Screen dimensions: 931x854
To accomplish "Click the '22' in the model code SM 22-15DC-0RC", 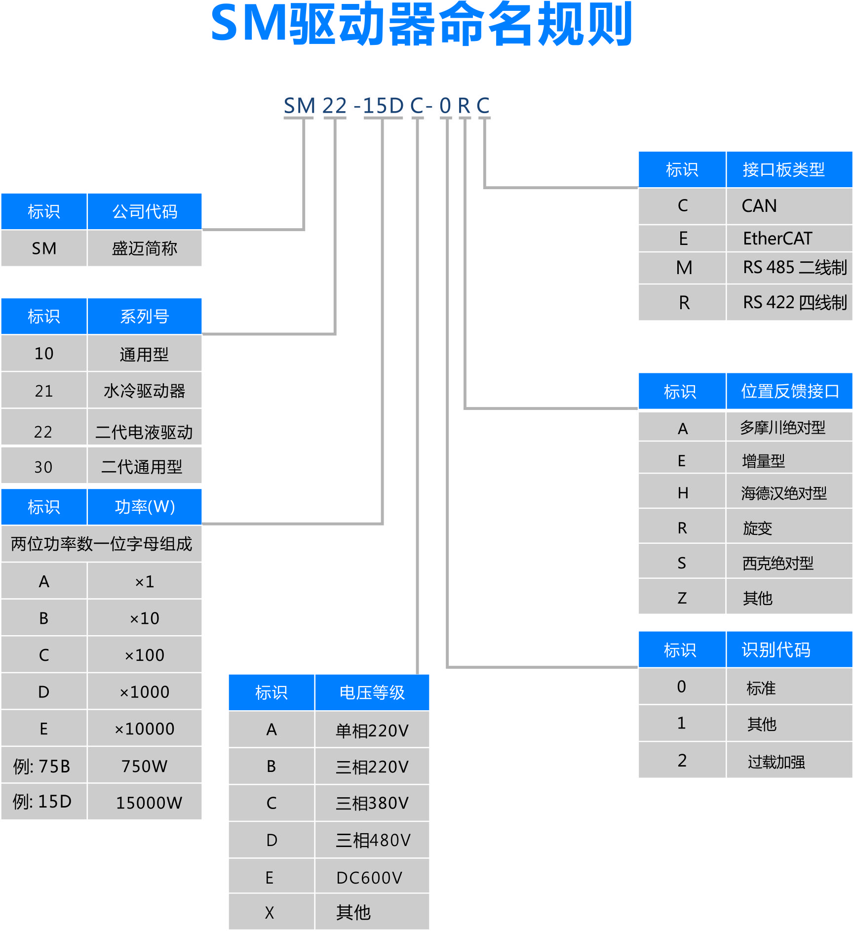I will [x=334, y=106].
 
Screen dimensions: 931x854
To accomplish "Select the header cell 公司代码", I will [x=144, y=211].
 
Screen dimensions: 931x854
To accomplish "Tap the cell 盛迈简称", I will [x=144, y=248].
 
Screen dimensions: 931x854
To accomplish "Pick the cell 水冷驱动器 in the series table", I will [x=144, y=391].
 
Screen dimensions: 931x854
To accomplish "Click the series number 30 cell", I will [x=43, y=467].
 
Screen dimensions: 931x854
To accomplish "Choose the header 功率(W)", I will [x=144, y=507].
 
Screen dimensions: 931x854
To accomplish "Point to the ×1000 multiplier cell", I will [x=144, y=691].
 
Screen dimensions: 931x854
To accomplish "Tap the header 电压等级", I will [x=372, y=692].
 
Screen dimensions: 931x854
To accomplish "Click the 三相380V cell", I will [x=372, y=803].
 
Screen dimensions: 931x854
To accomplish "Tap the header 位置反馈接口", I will [x=789, y=391].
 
